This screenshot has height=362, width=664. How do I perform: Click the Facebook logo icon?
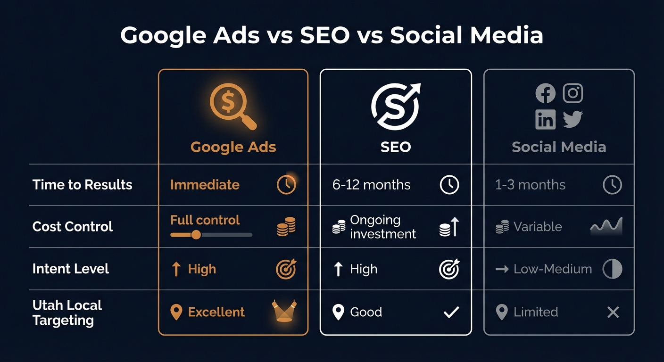point(546,93)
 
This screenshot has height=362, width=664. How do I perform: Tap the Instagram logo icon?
point(573,93)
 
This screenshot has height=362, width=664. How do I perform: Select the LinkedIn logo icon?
point(546,120)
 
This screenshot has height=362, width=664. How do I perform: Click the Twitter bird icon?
point(573,120)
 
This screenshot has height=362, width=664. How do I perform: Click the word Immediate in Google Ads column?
point(205,185)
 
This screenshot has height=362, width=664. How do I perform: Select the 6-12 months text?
point(371,185)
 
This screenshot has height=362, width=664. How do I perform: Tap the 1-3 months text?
point(530,185)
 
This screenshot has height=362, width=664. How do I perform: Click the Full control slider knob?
point(196,234)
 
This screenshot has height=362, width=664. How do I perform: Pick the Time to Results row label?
point(83,185)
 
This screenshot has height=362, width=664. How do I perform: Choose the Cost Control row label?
point(73,227)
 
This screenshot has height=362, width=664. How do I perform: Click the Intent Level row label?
point(71,269)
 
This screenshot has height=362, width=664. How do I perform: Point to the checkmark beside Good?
point(451,312)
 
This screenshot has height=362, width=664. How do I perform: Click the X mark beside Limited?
point(613,312)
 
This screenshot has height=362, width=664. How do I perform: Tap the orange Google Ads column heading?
point(233,147)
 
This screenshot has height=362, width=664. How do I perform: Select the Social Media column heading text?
point(559,147)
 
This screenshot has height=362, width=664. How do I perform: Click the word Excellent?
point(216,312)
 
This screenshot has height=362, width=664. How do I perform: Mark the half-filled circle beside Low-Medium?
point(613,269)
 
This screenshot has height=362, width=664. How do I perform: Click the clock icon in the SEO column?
point(449,185)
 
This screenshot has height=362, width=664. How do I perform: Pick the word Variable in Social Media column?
point(538,227)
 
